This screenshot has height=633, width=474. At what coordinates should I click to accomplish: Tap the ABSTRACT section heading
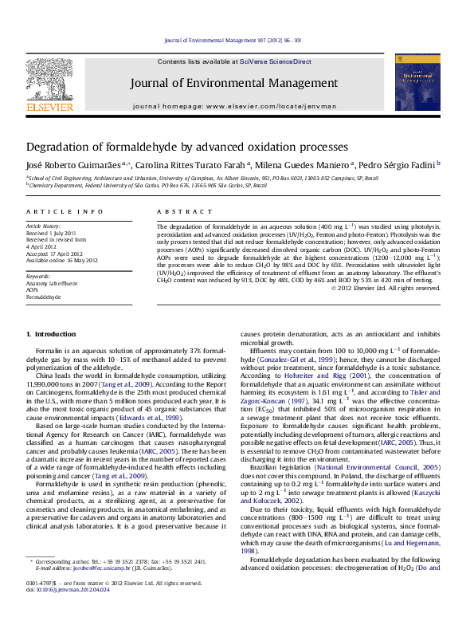tap(174, 211)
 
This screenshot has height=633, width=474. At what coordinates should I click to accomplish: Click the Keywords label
tap(38, 276)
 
